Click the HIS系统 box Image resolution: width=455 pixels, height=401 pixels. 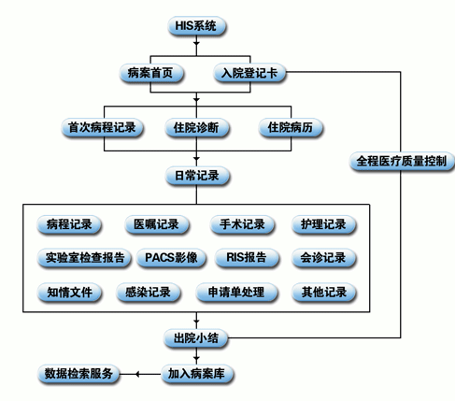point(196,25)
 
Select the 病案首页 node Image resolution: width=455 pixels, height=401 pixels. point(151,73)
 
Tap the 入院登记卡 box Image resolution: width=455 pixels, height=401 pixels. point(249,73)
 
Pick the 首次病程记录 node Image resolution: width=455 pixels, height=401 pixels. point(102,127)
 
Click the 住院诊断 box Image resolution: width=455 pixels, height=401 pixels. point(197,127)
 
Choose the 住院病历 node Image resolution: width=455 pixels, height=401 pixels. point(291,127)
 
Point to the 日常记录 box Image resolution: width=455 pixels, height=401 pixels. point(197,176)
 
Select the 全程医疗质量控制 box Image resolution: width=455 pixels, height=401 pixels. point(402,161)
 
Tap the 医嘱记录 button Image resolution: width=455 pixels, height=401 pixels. point(157,224)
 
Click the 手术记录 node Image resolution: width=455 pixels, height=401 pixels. point(242,224)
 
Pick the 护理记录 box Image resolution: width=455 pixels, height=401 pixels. point(323,224)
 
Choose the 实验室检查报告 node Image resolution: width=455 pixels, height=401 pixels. point(84,258)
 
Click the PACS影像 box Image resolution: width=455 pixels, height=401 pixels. point(171,258)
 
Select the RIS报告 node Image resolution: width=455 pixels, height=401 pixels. point(247,258)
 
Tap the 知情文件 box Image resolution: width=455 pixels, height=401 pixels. point(69,293)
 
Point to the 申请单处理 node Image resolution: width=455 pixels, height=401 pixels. point(236,293)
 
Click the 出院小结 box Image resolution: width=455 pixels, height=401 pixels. point(196,338)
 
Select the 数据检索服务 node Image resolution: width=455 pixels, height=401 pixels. point(78,374)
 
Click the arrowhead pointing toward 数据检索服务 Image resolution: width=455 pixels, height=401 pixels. point(137,374)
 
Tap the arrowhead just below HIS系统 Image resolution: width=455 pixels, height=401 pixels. point(196,43)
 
